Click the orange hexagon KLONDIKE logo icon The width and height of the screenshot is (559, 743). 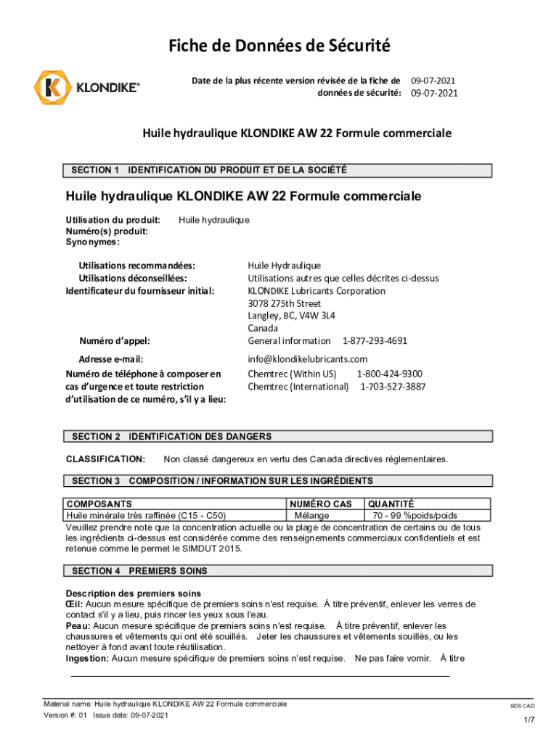pyautogui.click(x=51, y=88)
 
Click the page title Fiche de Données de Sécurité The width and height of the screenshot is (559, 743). pyautogui.click(x=279, y=46)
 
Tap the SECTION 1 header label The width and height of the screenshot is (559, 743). pyautogui.click(x=95, y=171)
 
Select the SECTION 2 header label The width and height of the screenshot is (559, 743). pyautogui.click(x=96, y=436)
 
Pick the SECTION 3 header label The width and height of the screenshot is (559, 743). pyautogui.click(x=96, y=481)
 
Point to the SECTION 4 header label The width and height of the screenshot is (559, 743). pyautogui.click(x=96, y=571)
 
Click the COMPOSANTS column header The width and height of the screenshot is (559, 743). pyautogui.click(x=99, y=504)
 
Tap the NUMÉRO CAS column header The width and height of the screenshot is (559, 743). pyautogui.click(x=320, y=504)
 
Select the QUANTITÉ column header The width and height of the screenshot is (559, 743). pyautogui.click(x=391, y=504)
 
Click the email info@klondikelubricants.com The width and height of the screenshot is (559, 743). pyautogui.click(x=308, y=359)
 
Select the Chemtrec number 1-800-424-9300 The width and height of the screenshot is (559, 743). pyautogui.click(x=389, y=374)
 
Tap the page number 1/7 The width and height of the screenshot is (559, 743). pyautogui.click(x=529, y=720)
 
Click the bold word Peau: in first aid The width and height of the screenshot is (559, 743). pyautogui.click(x=78, y=625)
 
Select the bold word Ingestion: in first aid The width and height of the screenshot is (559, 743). pyautogui.click(x=87, y=658)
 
